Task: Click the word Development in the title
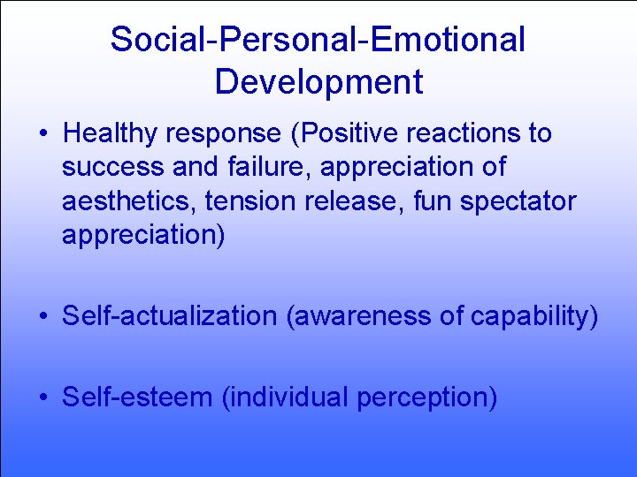pyautogui.click(x=318, y=81)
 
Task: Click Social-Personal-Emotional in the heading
pyautogui.click(x=318, y=39)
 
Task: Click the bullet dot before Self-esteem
pyautogui.click(x=43, y=398)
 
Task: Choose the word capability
pyautogui.click(x=531, y=316)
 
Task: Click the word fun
pyautogui.click(x=431, y=202)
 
